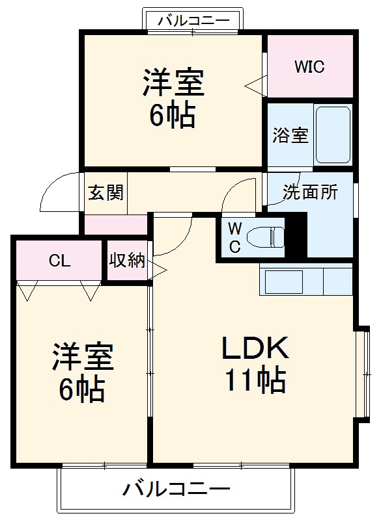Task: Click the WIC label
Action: [x=309, y=67]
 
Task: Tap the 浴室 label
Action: [x=290, y=137]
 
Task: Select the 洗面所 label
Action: [x=310, y=192]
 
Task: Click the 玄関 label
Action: [x=106, y=192]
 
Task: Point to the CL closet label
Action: [x=59, y=261]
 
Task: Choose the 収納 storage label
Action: [x=127, y=261]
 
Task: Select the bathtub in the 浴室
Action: [x=333, y=135]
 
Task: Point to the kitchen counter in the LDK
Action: [x=305, y=280]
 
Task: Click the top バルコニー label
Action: [x=193, y=21]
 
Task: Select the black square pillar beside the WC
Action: [x=296, y=235]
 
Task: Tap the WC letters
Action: [x=235, y=237]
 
